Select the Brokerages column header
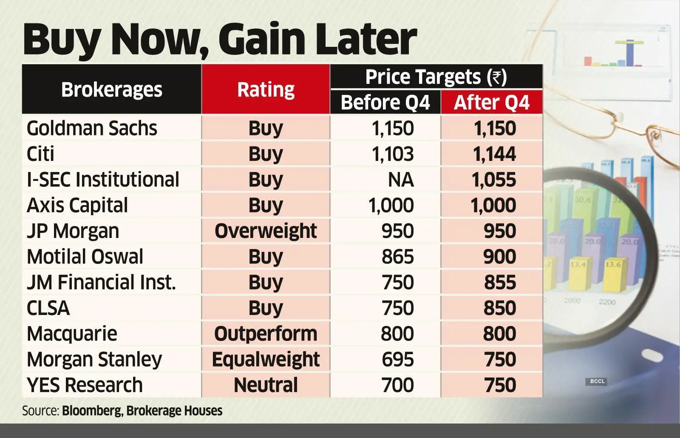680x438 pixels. pos(111,90)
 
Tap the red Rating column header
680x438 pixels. pos(266,90)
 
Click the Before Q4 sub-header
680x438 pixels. pos(385,103)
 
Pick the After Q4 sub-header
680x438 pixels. pos(492,103)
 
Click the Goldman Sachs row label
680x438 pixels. pos(92,128)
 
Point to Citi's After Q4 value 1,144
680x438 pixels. pos(494,154)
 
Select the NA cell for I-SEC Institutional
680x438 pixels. pos(400,180)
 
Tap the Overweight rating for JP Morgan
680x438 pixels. pos(266,231)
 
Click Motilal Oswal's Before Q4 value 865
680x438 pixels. pos(397,257)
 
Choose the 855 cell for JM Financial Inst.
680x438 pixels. pos(500,282)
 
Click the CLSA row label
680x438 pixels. pos(48,308)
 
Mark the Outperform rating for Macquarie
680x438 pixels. pos(266,334)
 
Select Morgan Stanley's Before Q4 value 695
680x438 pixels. pos(397,359)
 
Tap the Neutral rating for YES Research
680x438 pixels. pos(266,385)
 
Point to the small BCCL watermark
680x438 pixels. pos(597,381)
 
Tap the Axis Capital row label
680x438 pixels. pos(77,205)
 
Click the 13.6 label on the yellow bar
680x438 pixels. pos(613,264)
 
